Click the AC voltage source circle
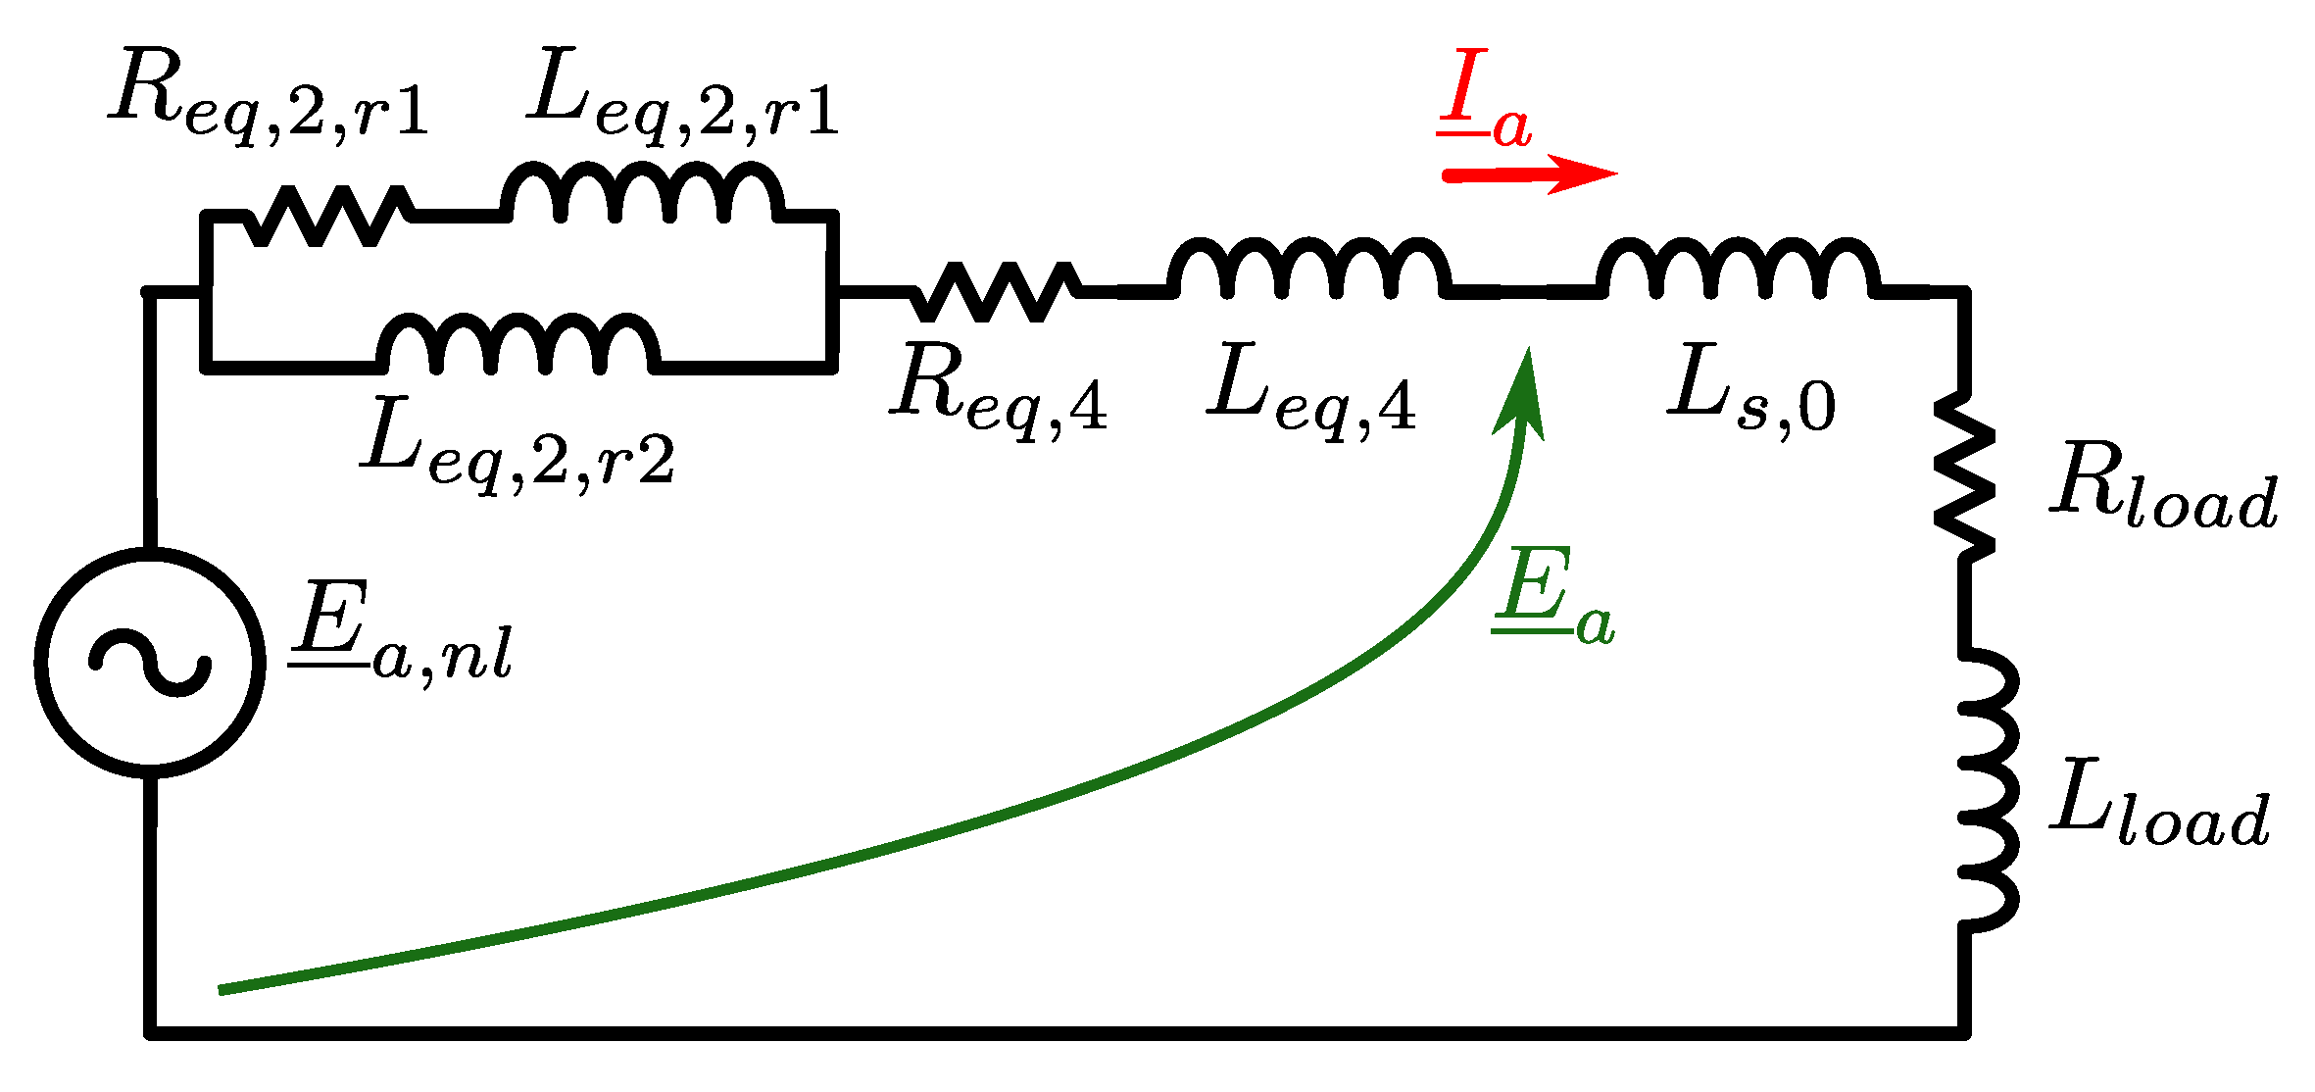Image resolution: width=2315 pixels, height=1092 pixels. (x=150, y=663)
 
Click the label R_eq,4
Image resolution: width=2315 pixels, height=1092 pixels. (x=1000, y=392)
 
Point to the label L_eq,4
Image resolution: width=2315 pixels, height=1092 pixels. (x=1311, y=392)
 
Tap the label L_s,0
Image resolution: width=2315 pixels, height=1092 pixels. (x=1750, y=392)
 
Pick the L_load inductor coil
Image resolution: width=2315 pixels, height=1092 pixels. (x=1986, y=789)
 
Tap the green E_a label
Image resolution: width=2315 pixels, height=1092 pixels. (x=1552, y=598)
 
